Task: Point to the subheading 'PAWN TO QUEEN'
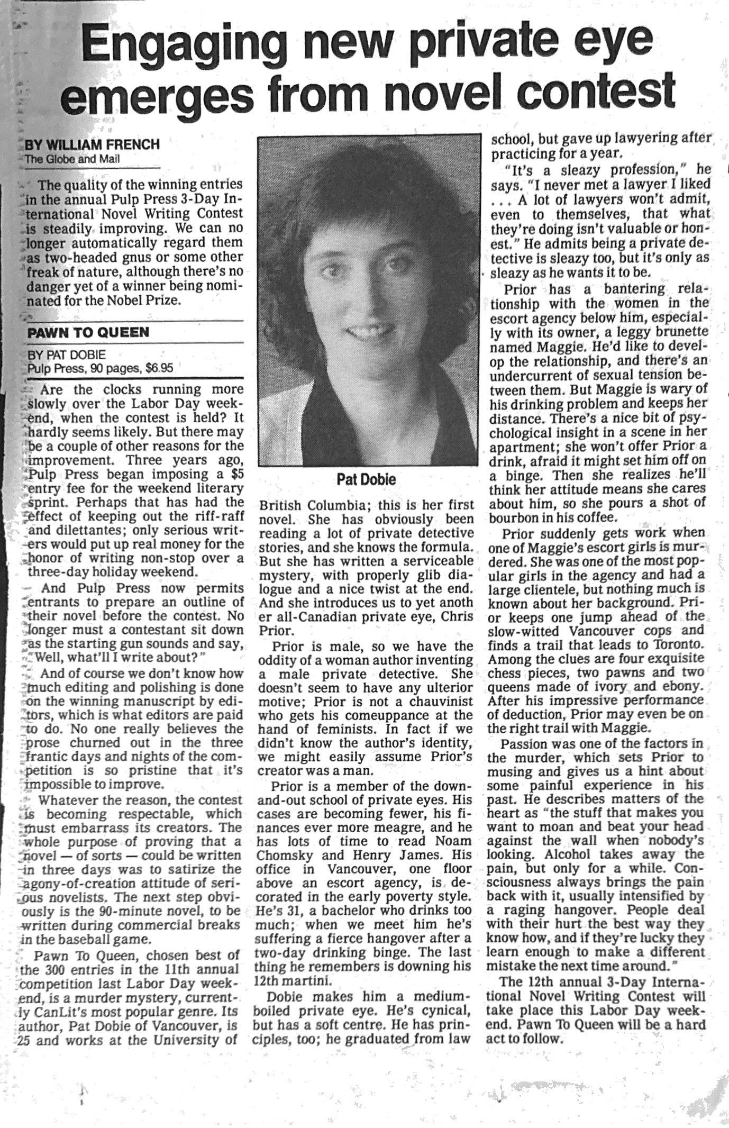[88, 333]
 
